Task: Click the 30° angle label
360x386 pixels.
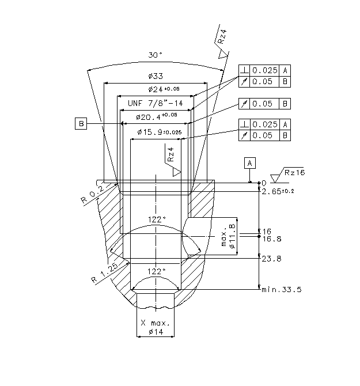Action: tap(155, 55)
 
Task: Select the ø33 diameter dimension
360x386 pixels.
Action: tap(156, 76)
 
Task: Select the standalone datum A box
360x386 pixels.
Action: tap(250, 163)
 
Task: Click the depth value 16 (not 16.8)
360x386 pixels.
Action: tap(267, 231)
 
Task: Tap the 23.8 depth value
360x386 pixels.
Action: tap(271, 259)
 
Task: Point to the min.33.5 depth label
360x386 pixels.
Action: tap(282, 289)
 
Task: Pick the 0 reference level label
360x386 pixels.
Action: tap(264, 183)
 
